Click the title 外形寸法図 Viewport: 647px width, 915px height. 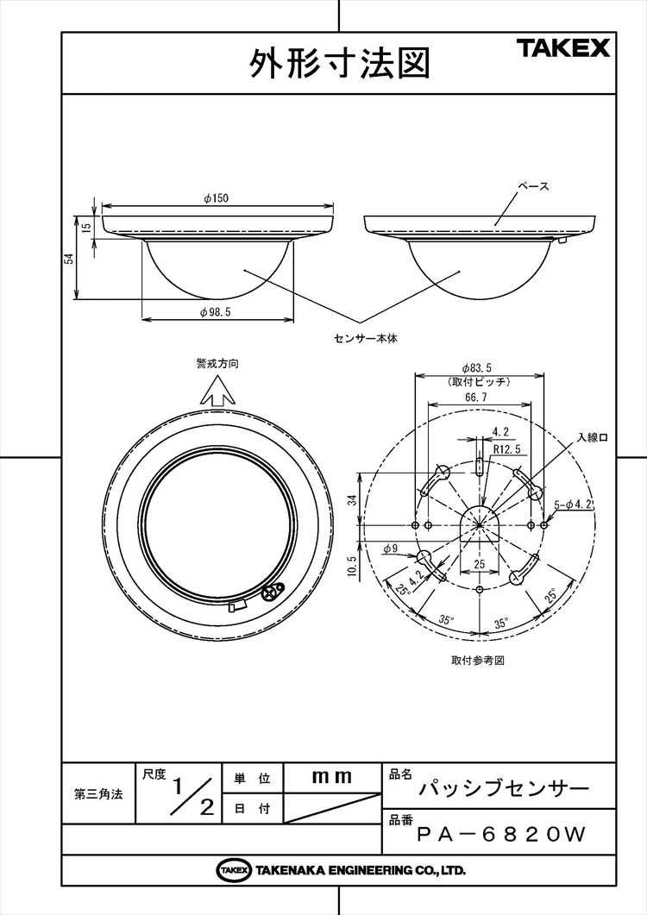339,63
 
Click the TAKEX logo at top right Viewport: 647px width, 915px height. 562,47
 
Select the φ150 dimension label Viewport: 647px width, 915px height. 216,198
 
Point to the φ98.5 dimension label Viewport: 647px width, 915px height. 216,312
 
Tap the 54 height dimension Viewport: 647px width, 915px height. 67,258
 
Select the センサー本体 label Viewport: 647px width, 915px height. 366,338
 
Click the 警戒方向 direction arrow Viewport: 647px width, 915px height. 217,390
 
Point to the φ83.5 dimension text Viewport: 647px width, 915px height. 476,367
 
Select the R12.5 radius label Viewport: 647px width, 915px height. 506,450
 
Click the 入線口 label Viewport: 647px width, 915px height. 593,437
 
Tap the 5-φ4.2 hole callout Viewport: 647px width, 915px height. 574,505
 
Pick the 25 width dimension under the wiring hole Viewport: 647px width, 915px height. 480,564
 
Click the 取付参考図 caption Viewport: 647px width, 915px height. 477,661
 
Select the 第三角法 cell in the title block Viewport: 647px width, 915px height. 98,794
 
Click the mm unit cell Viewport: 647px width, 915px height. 331,777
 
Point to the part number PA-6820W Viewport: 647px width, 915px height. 501,835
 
